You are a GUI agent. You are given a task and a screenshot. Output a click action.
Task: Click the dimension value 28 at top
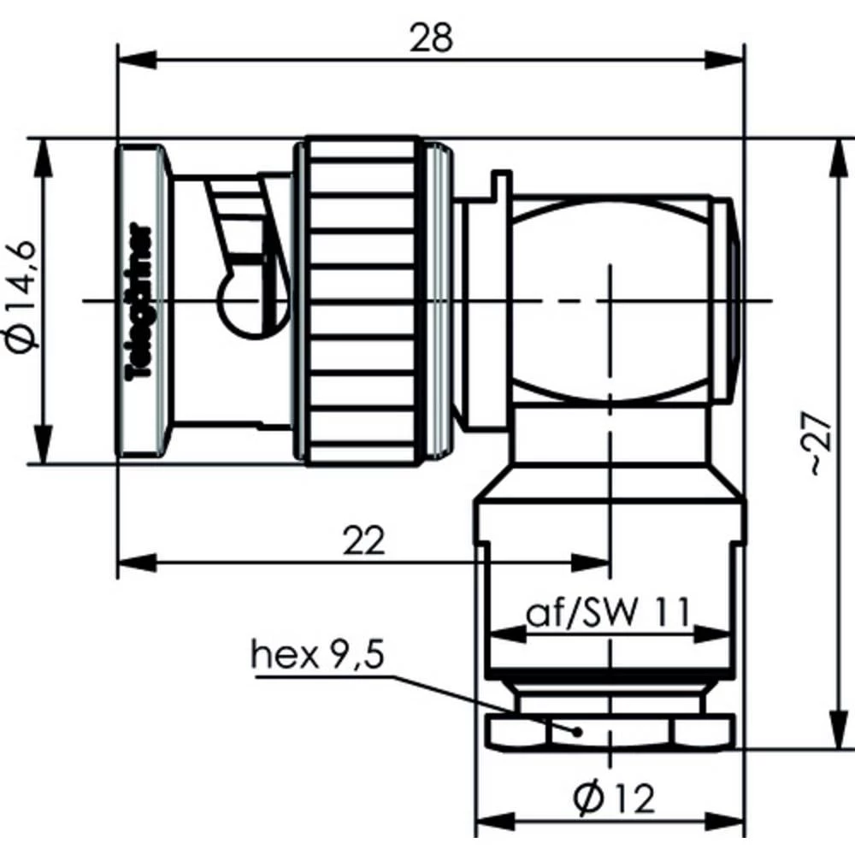coord(431,38)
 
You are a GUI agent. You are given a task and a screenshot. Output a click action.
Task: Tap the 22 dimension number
coord(363,540)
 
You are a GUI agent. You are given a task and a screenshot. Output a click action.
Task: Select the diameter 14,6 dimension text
coord(22,298)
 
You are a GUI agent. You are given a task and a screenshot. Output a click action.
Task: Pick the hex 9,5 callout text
coord(317,654)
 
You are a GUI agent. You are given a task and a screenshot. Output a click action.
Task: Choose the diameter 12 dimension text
coord(613,799)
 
